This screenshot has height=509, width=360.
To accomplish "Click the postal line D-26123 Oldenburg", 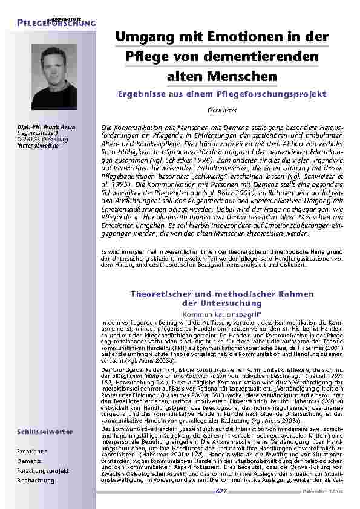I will [42, 140].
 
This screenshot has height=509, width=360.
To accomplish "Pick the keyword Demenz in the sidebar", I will [29, 461].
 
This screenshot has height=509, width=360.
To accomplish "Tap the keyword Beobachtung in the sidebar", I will [35, 480].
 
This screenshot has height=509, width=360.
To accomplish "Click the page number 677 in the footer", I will [221, 491].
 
